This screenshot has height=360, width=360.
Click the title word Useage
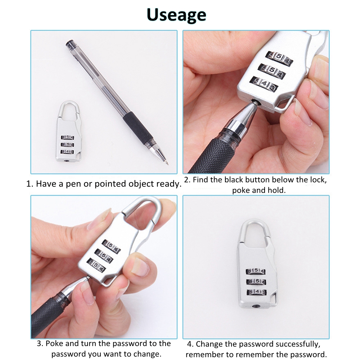[x=176, y=15]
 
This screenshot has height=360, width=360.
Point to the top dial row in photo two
[x=279, y=58]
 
